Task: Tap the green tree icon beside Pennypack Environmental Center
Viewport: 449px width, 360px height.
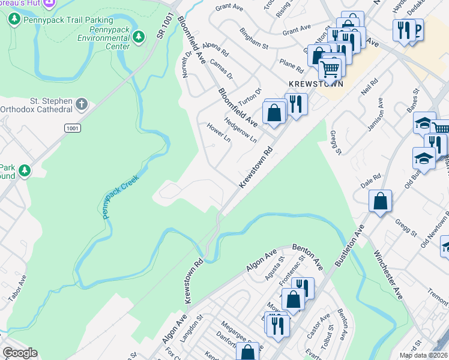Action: (139, 37)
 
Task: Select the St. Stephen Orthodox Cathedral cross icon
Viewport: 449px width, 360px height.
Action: (82, 105)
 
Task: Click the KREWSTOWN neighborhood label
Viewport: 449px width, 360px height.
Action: (315, 85)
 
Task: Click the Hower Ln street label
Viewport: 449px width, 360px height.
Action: (218, 133)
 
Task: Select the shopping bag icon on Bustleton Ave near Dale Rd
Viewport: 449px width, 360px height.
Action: (381, 200)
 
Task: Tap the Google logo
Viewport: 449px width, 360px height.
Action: (20, 353)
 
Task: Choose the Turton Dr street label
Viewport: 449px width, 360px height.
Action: (251, 95)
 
